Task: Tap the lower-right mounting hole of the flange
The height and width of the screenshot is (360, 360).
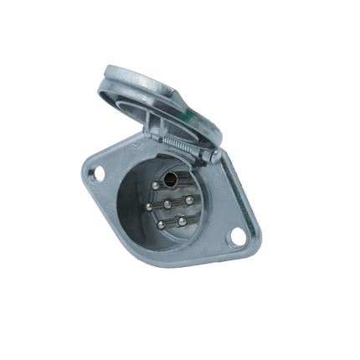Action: coord(236,238)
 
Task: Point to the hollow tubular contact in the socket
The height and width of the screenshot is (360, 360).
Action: coord(170,180)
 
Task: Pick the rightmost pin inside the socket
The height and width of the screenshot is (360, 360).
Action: coord(189,199)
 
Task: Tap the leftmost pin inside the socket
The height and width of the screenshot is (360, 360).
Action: coord(148,206)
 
